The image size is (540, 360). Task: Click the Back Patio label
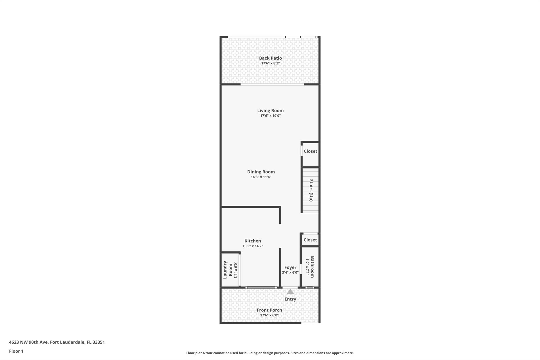[270, 58]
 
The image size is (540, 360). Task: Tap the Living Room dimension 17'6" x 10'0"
[270, 116]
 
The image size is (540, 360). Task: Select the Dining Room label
[261, 172]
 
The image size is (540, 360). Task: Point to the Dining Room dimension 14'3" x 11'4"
[261, 177]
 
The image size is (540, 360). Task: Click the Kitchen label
[253, 241]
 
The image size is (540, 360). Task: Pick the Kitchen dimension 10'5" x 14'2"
[253, 246]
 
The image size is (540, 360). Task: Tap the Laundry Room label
[228, 270]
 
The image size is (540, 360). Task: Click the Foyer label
[290, 267]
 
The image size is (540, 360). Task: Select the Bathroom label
[312, 267]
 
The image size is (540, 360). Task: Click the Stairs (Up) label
[311, 190]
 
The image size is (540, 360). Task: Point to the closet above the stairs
[310, 151]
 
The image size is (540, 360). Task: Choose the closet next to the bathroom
[310, 240]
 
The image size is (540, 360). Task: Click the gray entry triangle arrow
[290, 291]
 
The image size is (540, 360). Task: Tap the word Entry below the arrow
[290, 299]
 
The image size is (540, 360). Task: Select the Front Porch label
[269, 310]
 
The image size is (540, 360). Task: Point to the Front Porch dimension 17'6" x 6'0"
[269, 315]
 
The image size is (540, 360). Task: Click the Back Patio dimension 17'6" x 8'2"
[270, 63]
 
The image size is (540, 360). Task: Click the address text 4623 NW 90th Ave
[28, 342]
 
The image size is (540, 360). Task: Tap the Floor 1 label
[16, 351]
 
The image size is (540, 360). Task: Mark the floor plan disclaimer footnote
[270, 353]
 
